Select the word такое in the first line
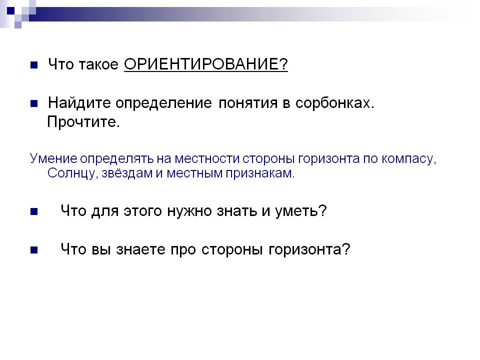point(98,64)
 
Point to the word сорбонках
point(335,103)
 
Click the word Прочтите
point(83,122)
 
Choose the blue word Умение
point(53,158)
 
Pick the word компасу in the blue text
point(408,159)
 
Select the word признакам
point(260,173)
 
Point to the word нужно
point(189,211)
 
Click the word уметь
point(300,211)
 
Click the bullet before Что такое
point(34,65)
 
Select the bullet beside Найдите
point(34,103)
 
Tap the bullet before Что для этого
point(34,211)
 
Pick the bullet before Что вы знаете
point(34,250)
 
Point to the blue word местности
point(207,158)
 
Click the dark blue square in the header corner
point(10,10)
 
